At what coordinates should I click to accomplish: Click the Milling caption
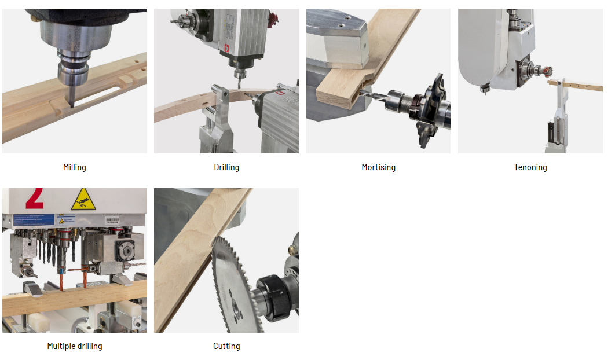(x=75, y=167)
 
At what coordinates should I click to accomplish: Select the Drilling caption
(x=226, y=167)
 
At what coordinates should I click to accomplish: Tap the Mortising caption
(x=379, y=167)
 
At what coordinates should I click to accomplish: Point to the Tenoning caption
(x=530, y=167)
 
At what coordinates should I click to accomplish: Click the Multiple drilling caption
(x=75, y=346)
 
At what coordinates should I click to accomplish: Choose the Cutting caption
(x=226, y=346)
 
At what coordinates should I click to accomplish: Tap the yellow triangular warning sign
(x=83, y=200)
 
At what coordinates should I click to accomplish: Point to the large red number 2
(x=35, y=198)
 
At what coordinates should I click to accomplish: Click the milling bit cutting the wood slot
(x=72, y=95)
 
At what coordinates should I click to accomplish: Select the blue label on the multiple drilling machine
(x=34, y=219)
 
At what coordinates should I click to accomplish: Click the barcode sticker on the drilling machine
(x=112, y=221)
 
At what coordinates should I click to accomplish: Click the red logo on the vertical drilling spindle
(x=226, y=48)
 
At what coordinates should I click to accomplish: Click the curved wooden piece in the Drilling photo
(x=208, y=104)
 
